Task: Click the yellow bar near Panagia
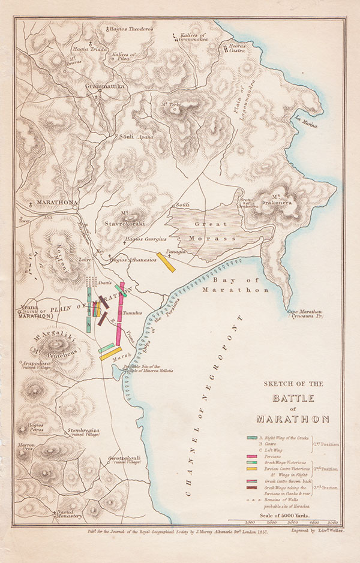click(166, 262)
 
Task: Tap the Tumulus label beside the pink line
click(131, 313)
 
